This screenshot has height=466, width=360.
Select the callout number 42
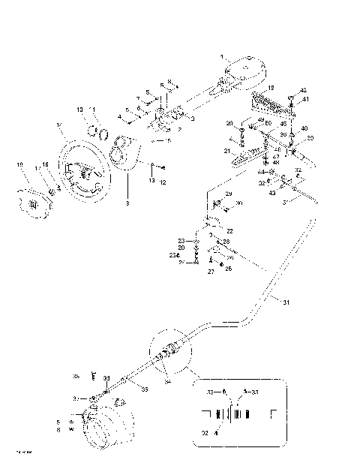tap(303, 90)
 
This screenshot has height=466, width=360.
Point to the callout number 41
tap(305, 100)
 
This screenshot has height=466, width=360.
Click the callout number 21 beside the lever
tap(226, 151)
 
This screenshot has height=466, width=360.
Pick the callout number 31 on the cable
tap(285, 302)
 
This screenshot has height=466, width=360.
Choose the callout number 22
tap(229, 230)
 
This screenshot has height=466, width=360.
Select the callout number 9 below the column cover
tap(127, 203)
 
